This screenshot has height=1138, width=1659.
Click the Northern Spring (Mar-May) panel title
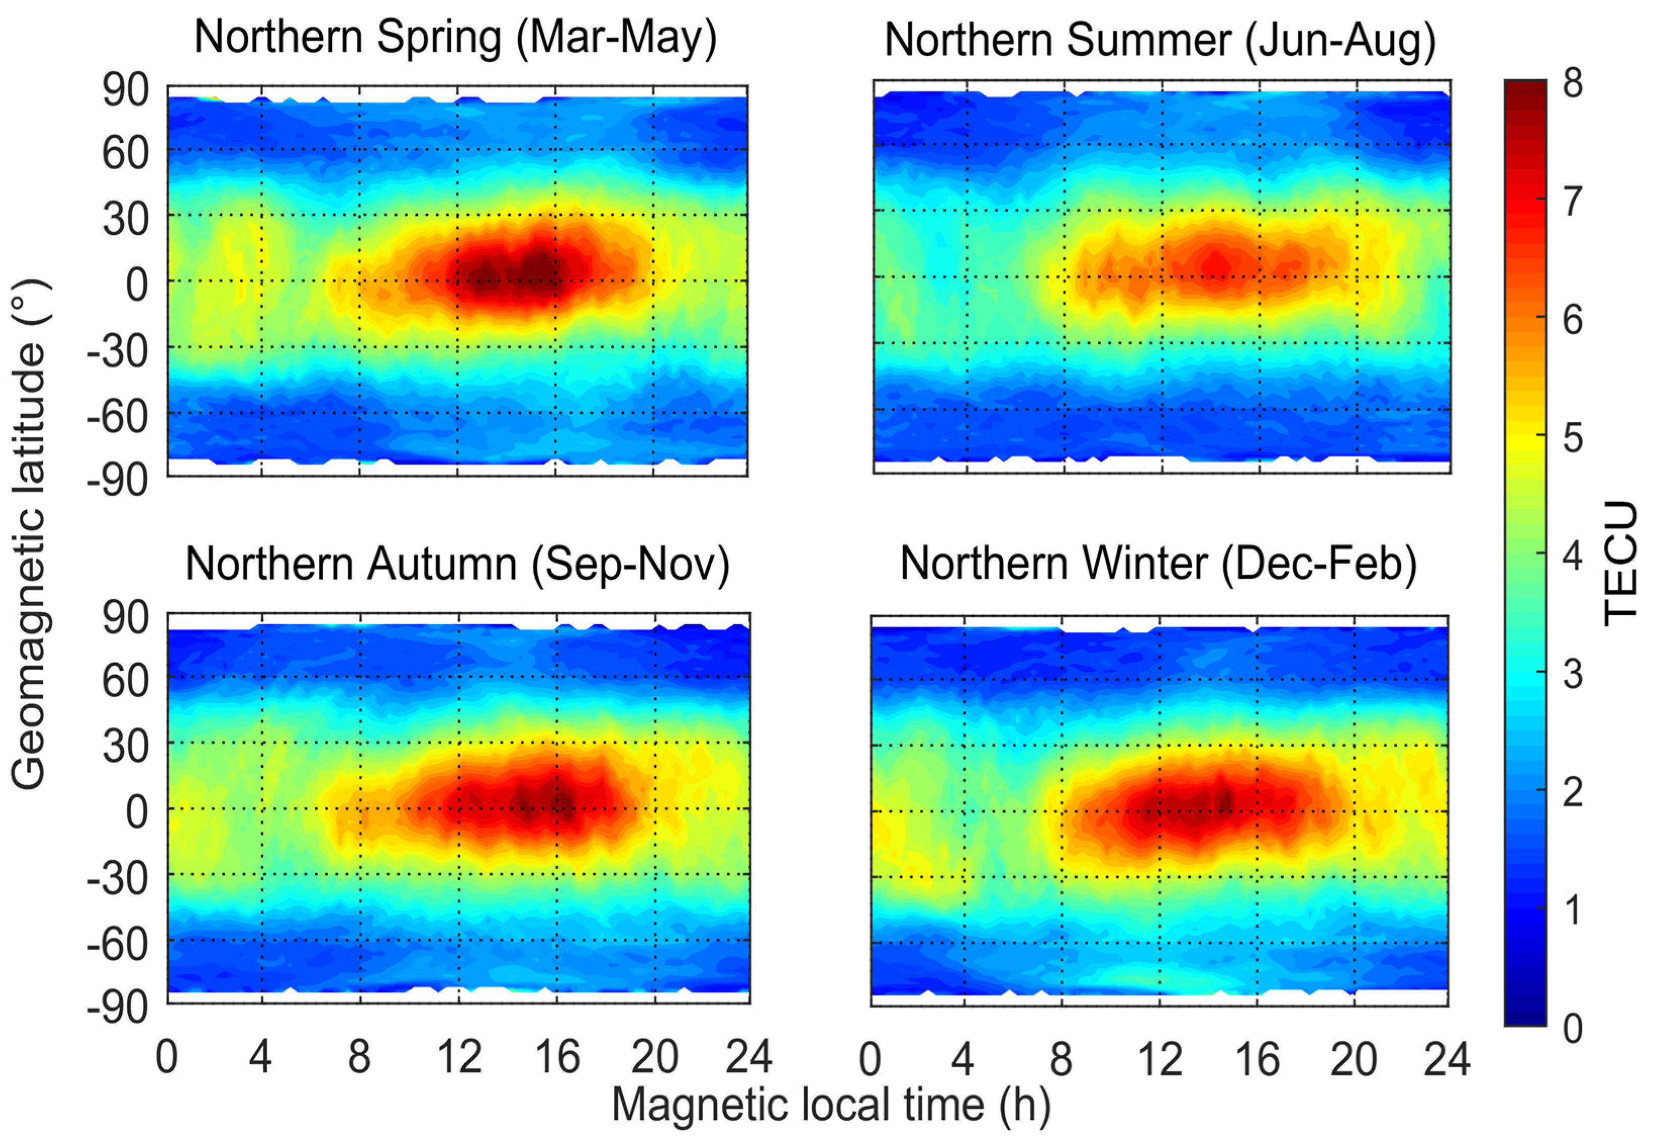(456, 37)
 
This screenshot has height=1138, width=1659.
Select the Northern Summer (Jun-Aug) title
(1160, 40)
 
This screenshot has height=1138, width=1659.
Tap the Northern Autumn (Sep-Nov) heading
(457, 565)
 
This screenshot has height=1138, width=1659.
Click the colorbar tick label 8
(1573, 84)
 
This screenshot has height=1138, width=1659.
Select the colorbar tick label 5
(1573, 437)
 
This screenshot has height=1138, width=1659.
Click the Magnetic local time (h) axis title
(831, 1105)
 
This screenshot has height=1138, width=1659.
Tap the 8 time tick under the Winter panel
(1061, 1060)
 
